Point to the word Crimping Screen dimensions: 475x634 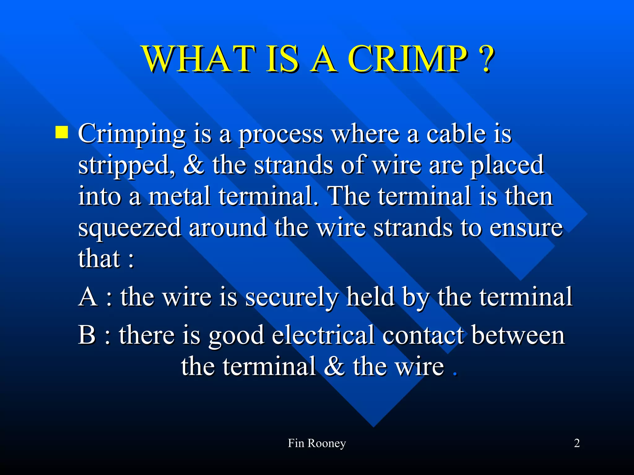tap(132, 135)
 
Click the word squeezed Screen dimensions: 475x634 tap(129, 228)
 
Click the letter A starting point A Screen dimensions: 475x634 tap(88, 297)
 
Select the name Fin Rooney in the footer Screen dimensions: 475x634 tap(317, 443)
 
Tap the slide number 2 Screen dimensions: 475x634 tap(577, 443)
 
